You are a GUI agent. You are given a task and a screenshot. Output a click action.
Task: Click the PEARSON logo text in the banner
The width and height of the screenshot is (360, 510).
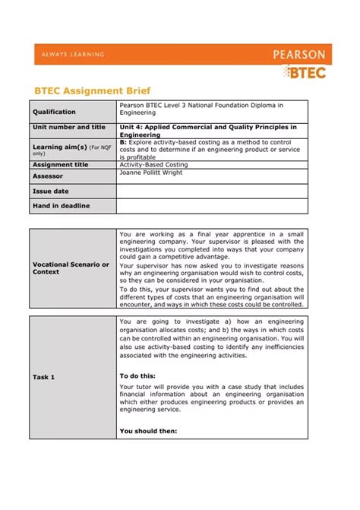point(298,55)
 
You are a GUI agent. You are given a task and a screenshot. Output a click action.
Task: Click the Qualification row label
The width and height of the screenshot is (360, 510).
point(54,112)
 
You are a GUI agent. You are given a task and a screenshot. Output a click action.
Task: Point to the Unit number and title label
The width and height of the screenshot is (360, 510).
point(69,127)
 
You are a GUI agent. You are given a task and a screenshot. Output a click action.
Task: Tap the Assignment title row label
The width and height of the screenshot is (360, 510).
point(60,164)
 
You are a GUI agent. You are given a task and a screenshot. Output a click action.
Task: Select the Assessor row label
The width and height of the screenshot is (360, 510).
point(48,176)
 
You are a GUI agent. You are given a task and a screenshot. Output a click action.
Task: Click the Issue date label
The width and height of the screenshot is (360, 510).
point(50,192)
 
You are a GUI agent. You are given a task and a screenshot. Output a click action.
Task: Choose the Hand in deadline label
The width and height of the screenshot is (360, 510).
point(61,206)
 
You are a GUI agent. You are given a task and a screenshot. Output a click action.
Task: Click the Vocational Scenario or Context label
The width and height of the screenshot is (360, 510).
point(71,268)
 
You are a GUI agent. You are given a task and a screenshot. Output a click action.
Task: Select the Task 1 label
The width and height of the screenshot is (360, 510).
point(43,377)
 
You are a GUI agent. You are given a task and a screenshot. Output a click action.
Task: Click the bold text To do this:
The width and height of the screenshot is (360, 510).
point(137,375)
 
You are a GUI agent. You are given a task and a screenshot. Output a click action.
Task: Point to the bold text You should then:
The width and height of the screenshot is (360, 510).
point(148,431)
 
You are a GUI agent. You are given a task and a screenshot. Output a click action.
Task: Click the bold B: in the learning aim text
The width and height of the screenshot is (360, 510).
point(123,141)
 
